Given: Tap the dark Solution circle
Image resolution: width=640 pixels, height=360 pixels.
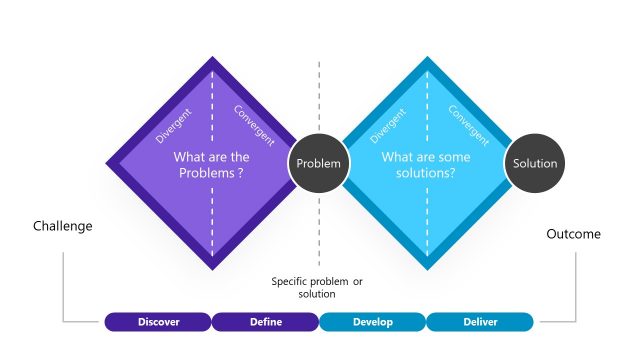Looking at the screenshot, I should (534, 163).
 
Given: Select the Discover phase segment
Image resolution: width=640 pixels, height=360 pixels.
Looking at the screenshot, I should (158, 322).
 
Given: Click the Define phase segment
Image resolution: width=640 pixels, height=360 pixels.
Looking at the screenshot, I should (266, 322).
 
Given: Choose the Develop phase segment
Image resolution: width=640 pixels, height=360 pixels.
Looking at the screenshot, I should (373, 322).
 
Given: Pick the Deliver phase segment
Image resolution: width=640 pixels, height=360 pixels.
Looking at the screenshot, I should (480, 322).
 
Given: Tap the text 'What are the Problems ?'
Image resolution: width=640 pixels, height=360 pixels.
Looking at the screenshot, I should (212, 164).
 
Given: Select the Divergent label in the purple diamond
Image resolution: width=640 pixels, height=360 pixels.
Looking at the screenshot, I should (175, 124).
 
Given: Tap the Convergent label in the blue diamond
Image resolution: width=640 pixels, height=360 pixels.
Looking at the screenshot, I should (467, 124).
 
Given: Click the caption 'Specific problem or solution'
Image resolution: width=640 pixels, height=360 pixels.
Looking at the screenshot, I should (317, 288).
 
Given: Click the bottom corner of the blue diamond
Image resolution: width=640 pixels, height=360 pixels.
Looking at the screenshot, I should (427, 269).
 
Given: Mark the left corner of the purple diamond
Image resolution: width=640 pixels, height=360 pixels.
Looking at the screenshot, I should (107, 163).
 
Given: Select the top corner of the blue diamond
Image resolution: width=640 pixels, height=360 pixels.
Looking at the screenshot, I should (427, 58).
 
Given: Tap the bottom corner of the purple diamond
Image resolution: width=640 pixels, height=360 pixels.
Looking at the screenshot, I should (212, 269).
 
